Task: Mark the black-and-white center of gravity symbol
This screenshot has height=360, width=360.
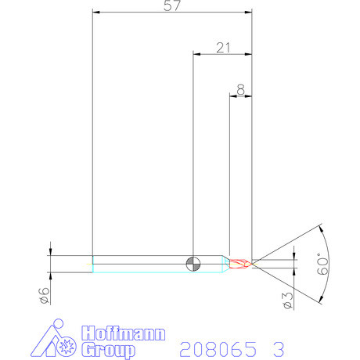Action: pos(193,263)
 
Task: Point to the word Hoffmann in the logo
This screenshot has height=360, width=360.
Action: pos(124,333)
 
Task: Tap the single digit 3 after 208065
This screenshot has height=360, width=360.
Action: pos(279,347)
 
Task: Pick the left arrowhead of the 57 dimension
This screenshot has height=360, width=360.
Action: pos(95,12)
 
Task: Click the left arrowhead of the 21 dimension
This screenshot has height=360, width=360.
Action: pos(196,54)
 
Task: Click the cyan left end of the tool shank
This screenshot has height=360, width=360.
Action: pos(94,264)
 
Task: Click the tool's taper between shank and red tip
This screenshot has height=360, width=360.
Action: pos(225,263)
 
